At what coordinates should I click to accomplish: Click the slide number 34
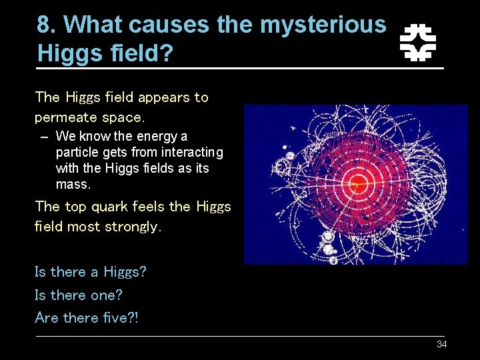(x=441, y=344)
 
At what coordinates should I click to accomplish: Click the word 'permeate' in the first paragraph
(x=66, y=117)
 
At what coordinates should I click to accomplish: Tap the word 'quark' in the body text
(x=110, y=206)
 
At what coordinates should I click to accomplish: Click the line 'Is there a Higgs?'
(x=90, y=272)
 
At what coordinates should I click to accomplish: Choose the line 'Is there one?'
(x=79, y=295)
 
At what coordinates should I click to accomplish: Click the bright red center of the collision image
(x=358, y=182)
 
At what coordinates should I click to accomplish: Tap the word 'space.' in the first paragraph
(x=123, y=117)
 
